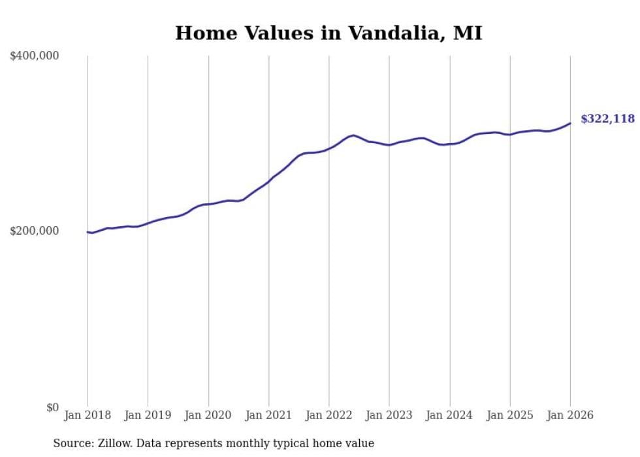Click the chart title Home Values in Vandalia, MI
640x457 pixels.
[x=328, y=33]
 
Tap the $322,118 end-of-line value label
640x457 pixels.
[x=607, y=119]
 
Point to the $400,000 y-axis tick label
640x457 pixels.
[x=35, y=56]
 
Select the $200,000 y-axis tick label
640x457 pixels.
[x=35, y=231]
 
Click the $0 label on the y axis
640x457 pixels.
[x=52, y=407]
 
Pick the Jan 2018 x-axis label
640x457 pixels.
[x=88, y=415]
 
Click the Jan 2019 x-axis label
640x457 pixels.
[x=148, y=415]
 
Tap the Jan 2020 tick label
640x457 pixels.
[x=208, y=415]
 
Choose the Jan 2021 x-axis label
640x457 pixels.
[x=268, y=415]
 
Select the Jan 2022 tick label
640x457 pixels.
[x=329, y=415]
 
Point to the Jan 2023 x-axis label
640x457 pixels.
[x=389, y=415]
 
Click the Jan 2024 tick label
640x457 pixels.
[x=450, y=415]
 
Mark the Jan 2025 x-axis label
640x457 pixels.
[x=510, y=415]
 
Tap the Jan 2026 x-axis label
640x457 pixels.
[x=570, y=415]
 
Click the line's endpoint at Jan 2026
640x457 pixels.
[x=570, y=123]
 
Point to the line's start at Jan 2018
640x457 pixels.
[x=88, y=232]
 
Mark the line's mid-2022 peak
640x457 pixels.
[x=353, y=135]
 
